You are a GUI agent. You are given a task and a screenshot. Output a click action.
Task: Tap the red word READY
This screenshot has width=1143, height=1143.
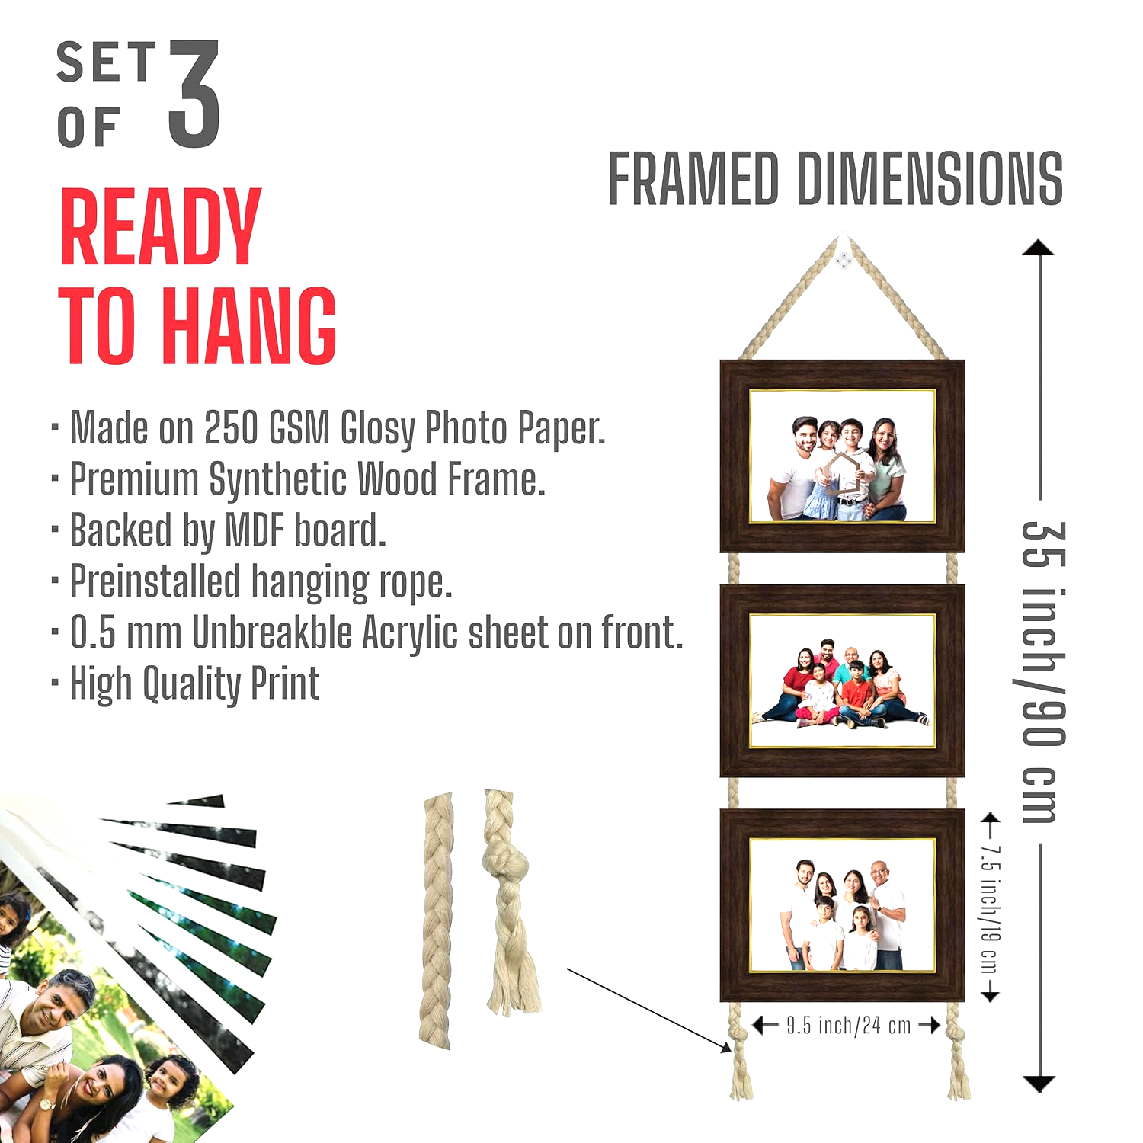161,227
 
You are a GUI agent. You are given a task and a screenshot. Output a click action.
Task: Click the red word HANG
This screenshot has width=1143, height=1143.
250,326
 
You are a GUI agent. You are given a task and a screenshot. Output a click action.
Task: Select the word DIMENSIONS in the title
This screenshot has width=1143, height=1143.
930,179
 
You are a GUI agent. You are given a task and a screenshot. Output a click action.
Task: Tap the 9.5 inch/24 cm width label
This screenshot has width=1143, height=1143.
849,1026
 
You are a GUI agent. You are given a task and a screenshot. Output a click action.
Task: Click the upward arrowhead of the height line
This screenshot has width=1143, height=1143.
1039,248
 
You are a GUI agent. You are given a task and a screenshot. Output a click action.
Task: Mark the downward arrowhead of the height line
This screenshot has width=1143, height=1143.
1039,1084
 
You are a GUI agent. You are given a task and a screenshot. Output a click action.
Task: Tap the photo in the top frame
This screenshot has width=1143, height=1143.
843,456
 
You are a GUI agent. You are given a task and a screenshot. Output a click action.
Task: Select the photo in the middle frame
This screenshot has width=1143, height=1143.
843,680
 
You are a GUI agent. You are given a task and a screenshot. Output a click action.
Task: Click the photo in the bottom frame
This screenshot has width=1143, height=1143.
843,905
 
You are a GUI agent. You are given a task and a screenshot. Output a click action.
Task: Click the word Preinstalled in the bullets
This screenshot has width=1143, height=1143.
155,582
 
